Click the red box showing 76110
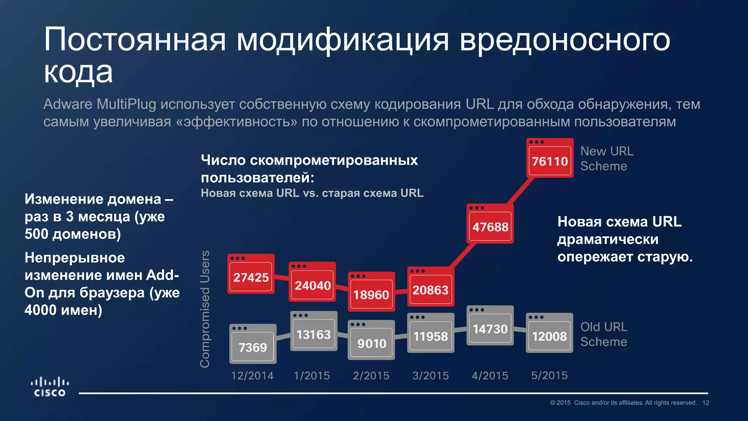click(x=550, y=158)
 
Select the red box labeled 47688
click(x=490, y=224)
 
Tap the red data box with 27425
click(x=251, y=274)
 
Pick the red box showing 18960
click(x=371, y=292)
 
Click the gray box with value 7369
click(x=253, y=344)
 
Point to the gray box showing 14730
click(x=490, y=326)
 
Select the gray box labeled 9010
click(x=371, y=341)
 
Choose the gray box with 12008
click(x=549, y=333)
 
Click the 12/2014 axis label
click(x=252, y=376)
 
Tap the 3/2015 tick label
click(x=431, y=376)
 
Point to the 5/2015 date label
click(x=549, y=376)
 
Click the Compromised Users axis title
click(x=205, y=309)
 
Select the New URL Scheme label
click(x=606, y=159)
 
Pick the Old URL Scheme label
click(x=604, y=334)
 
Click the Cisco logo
click(x=50, y=387)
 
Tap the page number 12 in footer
click(x=706, y=403)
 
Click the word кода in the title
click(x=78, y=72)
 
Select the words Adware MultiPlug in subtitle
click(x=100, y=104)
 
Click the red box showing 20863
click(x=431, y=287)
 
